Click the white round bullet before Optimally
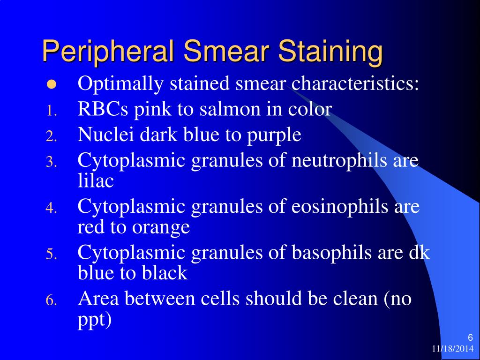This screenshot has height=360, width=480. [51, 85]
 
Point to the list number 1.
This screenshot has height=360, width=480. [51, 111]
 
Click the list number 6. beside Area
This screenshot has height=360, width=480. [51, 300]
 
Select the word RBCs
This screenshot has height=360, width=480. [104, 109]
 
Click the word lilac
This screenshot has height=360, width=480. [96, 181]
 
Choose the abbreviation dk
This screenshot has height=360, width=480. [420, 253]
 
